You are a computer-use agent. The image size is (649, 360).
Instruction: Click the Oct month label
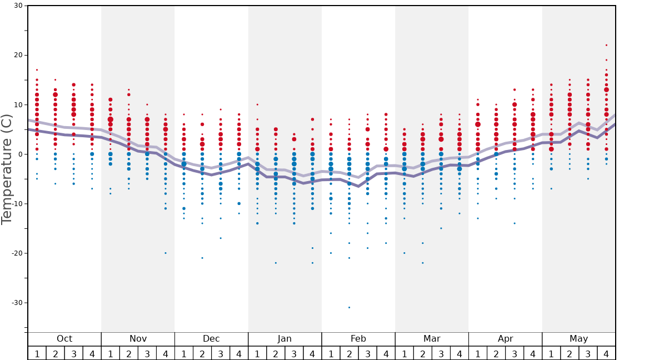(64, 339)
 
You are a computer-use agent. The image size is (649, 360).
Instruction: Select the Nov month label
(138, 339)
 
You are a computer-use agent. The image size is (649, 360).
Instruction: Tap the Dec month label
(211, 339)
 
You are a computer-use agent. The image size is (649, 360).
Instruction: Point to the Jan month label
(284, 339)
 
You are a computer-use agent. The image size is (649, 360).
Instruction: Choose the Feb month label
(358, 339)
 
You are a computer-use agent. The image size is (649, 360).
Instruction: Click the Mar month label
(432, 339)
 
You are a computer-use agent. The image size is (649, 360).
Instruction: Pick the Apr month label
(505, 339)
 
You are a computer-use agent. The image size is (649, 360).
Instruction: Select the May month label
(578, 339)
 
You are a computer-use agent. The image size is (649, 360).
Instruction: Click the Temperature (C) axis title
(7, 169)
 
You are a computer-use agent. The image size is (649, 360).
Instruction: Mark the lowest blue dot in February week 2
(349, 307)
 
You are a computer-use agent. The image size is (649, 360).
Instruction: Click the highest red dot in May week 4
(606, 45)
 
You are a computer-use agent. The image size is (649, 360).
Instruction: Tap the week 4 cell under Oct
(92, 353)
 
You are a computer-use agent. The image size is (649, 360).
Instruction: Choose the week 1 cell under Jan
(257, 353)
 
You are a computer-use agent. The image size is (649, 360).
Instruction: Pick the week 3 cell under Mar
(441, 353)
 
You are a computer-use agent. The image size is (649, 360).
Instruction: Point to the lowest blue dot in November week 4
(166, 253)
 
